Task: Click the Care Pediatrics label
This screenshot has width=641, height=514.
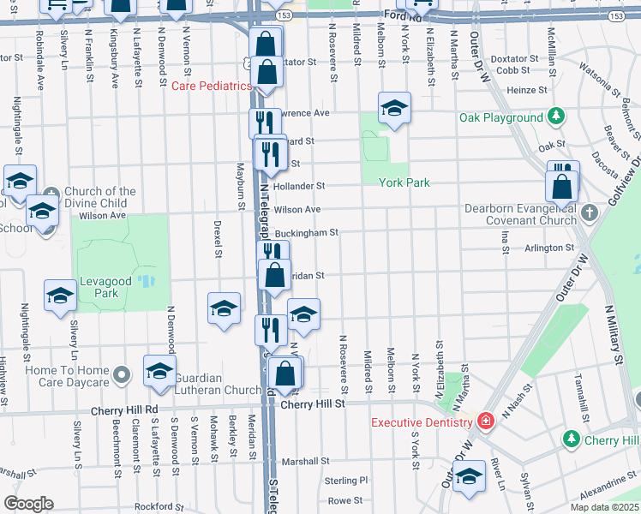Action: click(212, 87)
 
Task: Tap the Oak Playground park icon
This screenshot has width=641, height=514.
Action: click(555, 117)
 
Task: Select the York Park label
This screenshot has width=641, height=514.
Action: click(402, 182)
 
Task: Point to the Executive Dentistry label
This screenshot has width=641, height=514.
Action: click(421, 421)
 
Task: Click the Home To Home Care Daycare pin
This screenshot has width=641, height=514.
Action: click(122, 374)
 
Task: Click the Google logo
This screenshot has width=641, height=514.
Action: click(28, 504)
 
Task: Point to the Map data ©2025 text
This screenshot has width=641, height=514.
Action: click(605, 507)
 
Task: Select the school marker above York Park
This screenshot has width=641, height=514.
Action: click(394, 109)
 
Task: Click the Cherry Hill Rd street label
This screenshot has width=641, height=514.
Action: click(129, 409)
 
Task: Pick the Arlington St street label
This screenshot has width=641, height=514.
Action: click(548, 248)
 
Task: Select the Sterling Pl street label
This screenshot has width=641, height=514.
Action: click(345, 481)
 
